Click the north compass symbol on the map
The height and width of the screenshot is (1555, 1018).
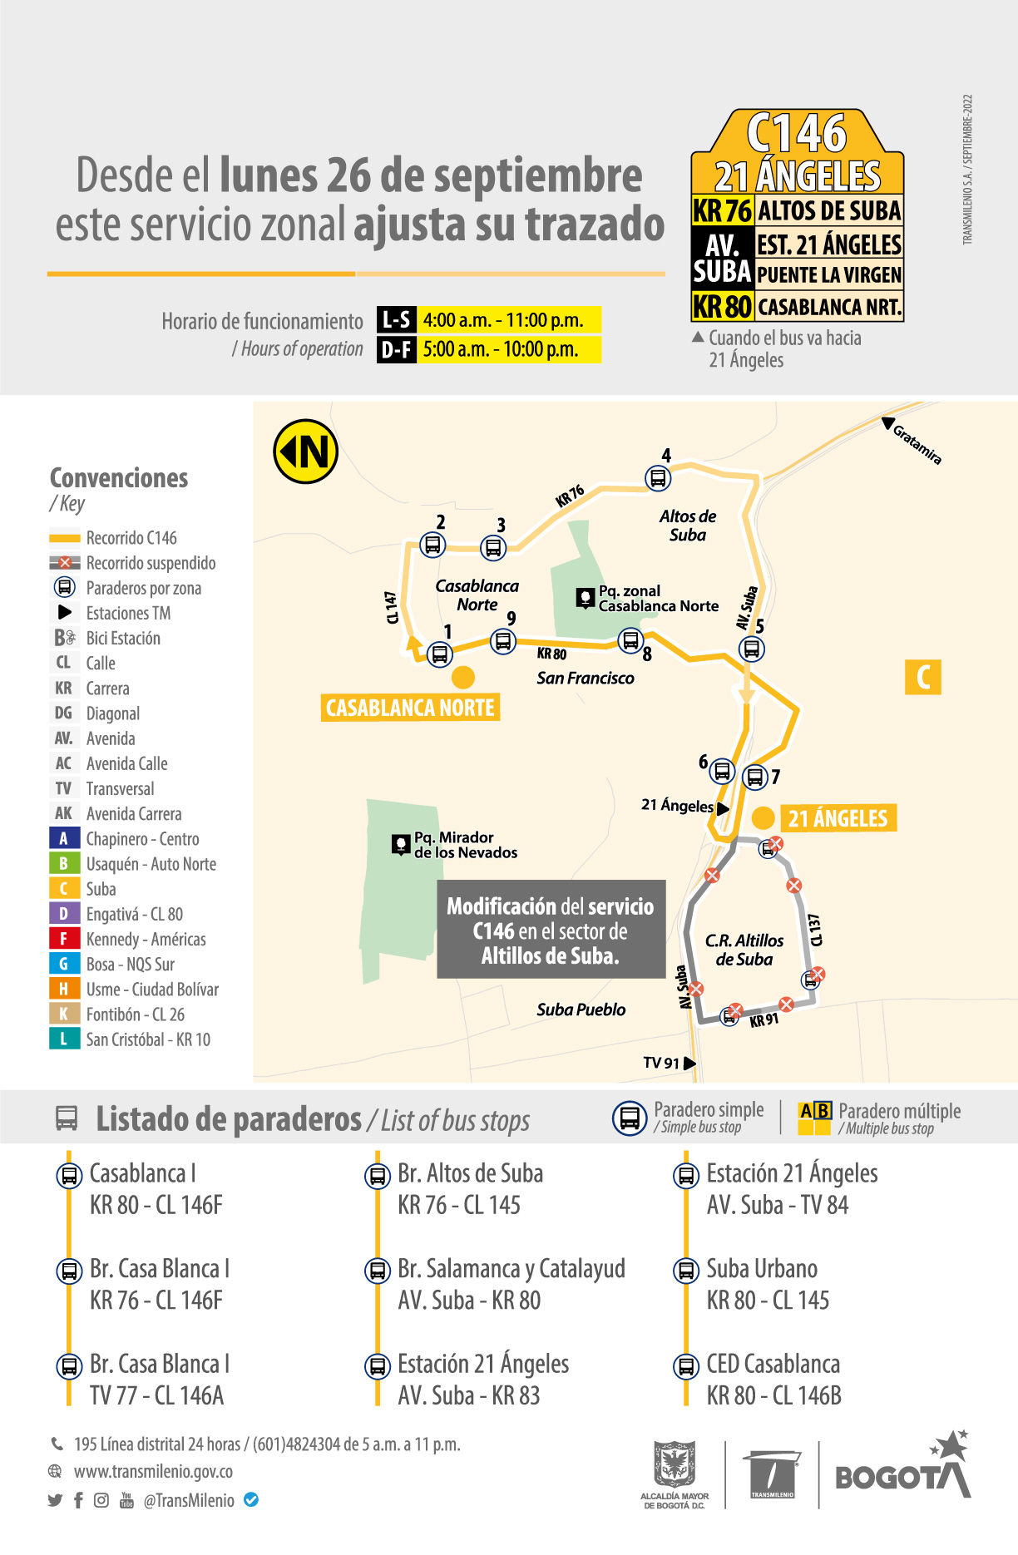click(x=305, y=452)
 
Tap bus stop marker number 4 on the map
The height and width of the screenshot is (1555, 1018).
click(x=658, y=478)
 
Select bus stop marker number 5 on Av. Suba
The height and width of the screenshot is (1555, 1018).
click(x=751, y=649)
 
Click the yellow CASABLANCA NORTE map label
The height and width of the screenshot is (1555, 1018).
click(x=410, y=708)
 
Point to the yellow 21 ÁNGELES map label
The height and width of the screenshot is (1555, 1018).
click(x=838, y=819)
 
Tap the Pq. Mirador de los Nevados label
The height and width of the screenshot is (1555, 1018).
click(x=465, y=845)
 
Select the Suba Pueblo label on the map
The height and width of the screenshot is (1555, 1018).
click(x=581, y=1010)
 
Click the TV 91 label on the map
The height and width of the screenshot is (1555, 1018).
click(x=661, y=1063)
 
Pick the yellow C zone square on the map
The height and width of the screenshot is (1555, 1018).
click(x=922, y=677)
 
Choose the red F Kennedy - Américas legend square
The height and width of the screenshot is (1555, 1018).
click(x=64, y=939)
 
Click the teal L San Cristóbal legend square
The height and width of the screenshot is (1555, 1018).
click(x=64, y=1039)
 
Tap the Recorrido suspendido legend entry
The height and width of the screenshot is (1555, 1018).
click(x=150, y=563)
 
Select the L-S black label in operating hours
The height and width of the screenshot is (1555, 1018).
click(x=396, y=320)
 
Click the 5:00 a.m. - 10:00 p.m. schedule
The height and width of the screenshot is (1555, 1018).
click(x=501, y=349)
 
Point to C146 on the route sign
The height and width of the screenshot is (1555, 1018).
click(x=797, y=133)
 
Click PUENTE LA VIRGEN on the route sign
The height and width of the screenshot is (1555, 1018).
click(x=828, y=274)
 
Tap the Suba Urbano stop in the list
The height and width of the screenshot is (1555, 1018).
click(x=762, y=1269)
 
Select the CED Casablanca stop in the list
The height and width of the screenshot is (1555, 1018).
click(x=773, y=1365)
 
